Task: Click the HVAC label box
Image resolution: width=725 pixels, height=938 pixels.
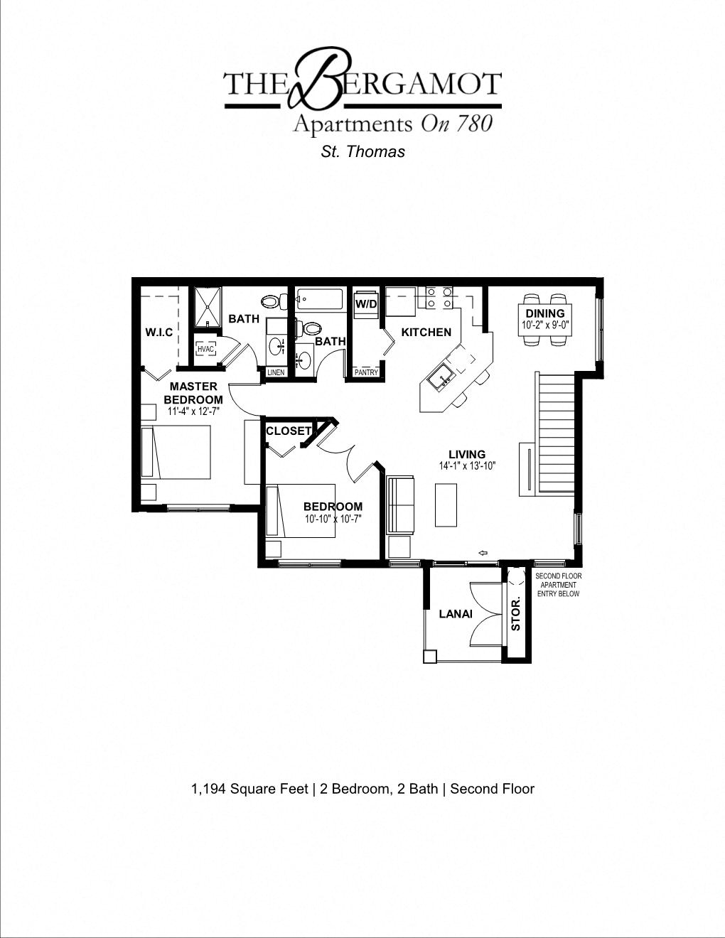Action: pos(206,349)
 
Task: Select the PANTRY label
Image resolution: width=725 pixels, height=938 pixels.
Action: pos(366,372)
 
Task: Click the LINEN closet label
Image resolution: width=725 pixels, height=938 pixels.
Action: pos(276,372)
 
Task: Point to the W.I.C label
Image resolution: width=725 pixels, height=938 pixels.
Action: pos(159,333)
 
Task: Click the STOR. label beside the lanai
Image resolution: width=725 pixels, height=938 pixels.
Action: pos(516,614)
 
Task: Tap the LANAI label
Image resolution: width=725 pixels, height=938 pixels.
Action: pos(456,614)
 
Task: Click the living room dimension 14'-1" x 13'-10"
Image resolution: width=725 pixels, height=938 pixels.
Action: pos(467,466)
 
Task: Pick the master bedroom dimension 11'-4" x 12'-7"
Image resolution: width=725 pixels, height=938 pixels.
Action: pos(193,411)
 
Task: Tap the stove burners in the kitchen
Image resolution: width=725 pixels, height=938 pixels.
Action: pos(439,298)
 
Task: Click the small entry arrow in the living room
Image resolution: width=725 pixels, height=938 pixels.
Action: pos(483,553)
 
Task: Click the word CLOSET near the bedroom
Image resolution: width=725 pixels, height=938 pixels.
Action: pos(288,431)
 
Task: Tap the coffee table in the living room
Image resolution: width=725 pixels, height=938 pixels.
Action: pos(446,505)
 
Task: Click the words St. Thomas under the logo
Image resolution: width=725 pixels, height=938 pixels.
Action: pos(363,151)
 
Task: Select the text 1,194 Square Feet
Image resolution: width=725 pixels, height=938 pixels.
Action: pos(249,789)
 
